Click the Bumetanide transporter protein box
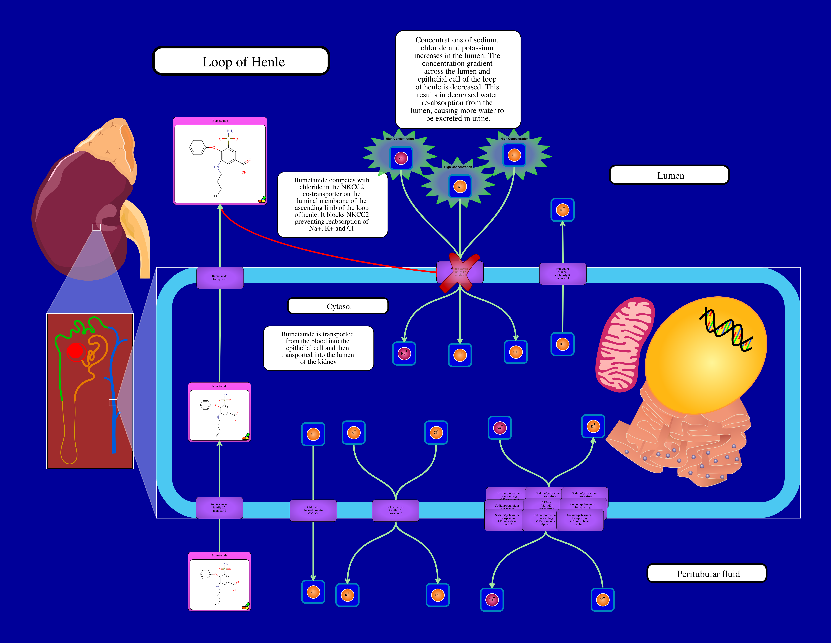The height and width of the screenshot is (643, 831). click(220, 278)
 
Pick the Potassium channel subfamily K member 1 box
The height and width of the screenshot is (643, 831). click(562, 274)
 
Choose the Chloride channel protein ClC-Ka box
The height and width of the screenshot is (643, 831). click(313, 510)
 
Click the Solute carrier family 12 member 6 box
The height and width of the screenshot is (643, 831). click(395, 510)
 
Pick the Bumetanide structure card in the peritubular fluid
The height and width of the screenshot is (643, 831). click(220, 581)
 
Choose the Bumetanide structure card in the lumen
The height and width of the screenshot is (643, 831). click(220, 161)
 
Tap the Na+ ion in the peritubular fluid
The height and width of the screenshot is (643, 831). click(492, 600)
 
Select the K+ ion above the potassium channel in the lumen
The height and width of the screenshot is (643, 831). click(562, 210)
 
